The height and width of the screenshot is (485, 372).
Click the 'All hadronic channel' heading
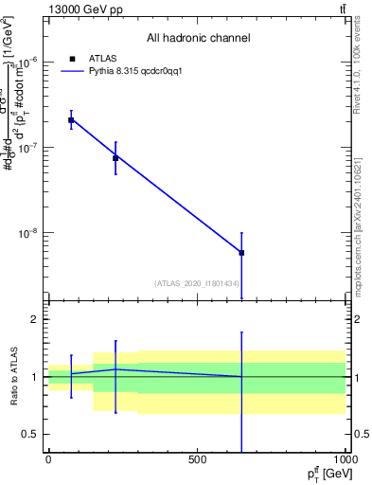click(198, 39)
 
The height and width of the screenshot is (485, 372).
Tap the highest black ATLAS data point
click(71, 120)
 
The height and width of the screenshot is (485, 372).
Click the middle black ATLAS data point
click(115, 157)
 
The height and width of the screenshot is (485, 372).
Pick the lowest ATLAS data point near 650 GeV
click(241, 253)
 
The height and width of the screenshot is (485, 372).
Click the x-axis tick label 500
click(197, 458)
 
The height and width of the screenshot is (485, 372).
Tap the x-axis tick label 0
click(48, 458)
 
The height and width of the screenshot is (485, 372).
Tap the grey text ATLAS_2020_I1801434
click(196, 283)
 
